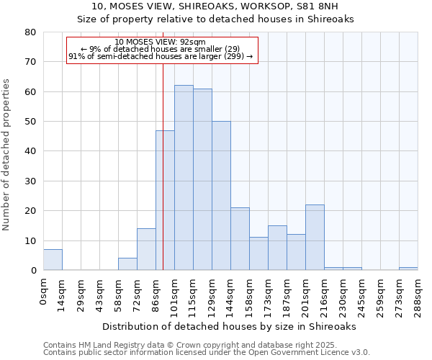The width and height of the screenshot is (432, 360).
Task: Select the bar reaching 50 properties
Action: pos(221,196)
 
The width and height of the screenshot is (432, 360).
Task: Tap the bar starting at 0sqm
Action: pos(53,260)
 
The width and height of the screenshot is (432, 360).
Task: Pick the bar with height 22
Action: pos(315,238)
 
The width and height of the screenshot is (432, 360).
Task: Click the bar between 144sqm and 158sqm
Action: pos(240,239)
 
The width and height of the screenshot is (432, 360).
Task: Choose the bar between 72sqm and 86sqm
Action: pos(146,249)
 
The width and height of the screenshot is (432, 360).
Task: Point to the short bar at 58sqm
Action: pos(127,264)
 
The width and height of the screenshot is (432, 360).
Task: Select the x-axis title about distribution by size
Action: pos(229,326)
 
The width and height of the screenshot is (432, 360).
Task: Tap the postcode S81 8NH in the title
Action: pos(328,6)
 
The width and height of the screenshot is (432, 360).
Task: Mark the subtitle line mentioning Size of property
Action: pos(215,19)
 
